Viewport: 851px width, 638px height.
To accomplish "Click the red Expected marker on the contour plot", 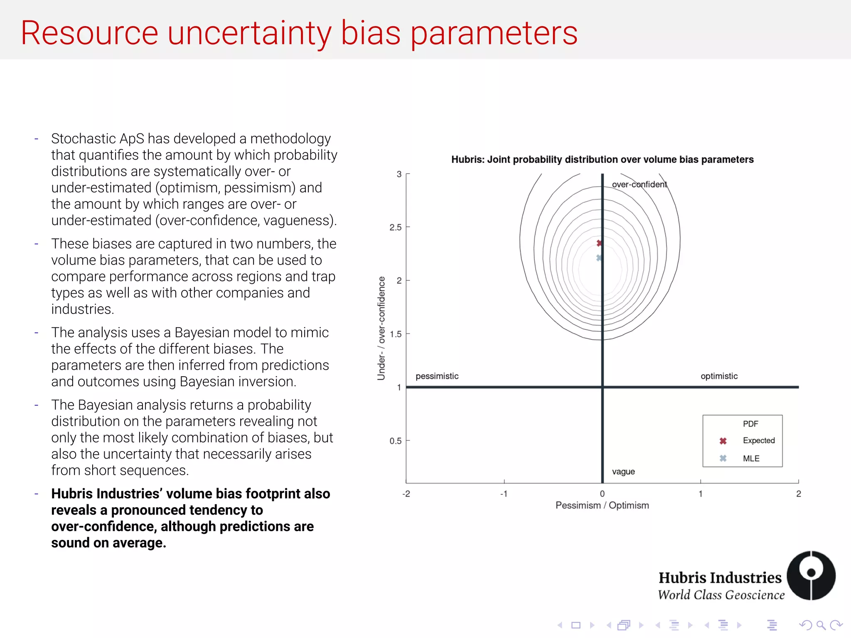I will (599, 243).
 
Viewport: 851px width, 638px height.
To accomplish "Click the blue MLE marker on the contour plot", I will (599, 258).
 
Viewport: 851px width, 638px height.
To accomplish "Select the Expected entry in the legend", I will (758, 441).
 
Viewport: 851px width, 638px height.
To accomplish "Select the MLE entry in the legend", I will (751, 459).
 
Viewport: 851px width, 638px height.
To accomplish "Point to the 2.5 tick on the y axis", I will (396, 227).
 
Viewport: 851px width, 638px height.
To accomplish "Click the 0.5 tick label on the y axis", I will (396, 441).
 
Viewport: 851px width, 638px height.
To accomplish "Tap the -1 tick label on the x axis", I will (504, 494).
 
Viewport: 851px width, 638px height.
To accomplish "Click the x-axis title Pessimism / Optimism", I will (602, 505).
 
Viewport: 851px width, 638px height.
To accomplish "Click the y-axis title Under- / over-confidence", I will (381, 328).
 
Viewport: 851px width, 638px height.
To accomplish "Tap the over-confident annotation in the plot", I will (639, 184).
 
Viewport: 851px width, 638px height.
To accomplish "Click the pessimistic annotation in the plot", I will (437, 376).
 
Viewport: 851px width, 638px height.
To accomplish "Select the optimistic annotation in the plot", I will (719, 376).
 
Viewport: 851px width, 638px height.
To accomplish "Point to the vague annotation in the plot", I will (623, 471).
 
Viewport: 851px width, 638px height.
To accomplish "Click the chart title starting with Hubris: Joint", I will (602, 159).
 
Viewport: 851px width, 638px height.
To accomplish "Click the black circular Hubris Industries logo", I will (811, 575).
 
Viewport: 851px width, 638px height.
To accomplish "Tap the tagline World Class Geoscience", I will (721, 595).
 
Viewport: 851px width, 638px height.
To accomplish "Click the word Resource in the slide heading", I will (89, 33).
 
